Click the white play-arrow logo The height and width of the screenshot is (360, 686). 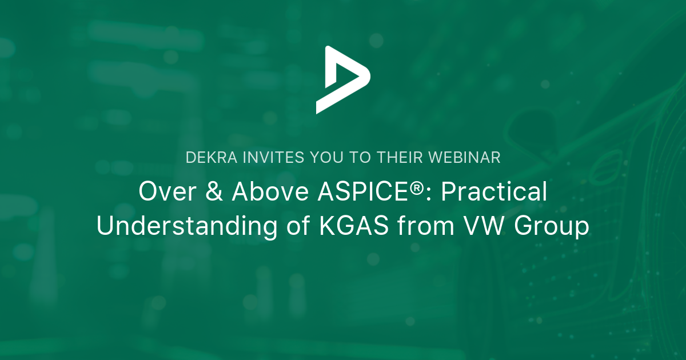[x=341, y=79]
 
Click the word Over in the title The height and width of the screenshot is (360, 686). [x=163, y=193]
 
